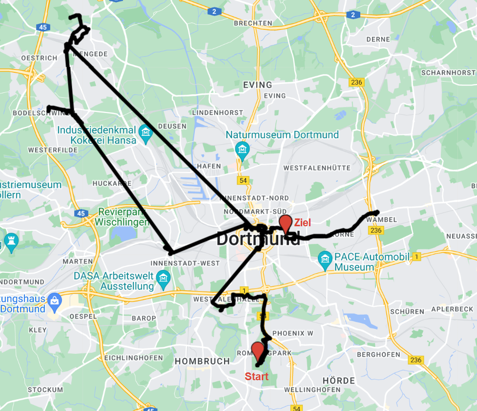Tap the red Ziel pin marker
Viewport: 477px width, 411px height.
click(x=285, y=224)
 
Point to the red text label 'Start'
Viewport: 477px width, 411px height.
click(x=256, y=377)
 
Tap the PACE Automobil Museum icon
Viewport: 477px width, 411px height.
click(x=325, y=259)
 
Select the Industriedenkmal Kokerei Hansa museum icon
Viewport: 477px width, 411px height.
click(x=145, y=131)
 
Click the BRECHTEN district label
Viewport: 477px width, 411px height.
click(x=253, y=23)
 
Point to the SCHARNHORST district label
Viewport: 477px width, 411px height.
click(x=449, y=72)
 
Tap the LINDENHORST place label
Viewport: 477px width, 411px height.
click(x=218, y=112)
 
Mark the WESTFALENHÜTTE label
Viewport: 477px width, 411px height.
click(x=317, y=168)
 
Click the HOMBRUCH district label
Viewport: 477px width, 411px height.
click(x=202, y=361)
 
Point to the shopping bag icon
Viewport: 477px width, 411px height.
click(x=55, y=299)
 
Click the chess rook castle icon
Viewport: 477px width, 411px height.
click(x=11, y=240)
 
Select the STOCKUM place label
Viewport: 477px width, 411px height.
click(x=45, y=389)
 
